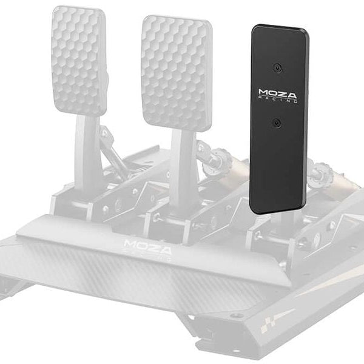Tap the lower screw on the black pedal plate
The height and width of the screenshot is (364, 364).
coord(276,123)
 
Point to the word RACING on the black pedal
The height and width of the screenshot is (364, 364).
coord(277,101)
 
